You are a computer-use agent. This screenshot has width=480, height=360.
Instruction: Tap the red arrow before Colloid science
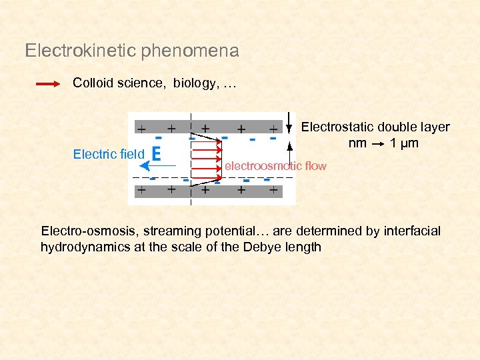tap(49, 84)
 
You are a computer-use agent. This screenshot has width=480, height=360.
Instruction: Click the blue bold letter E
tap(156, 154)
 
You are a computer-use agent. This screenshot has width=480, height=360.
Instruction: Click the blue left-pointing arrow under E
tap(158, 165)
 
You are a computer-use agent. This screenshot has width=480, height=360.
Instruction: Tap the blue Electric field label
tap(108, 155)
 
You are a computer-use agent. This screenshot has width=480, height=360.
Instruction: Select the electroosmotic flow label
tap(276, 165)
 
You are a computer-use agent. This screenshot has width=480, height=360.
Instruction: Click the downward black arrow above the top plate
tap(289, 123)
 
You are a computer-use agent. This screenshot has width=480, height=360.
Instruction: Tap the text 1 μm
tap(404, 143)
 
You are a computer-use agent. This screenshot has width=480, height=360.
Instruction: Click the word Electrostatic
tap(337, 127)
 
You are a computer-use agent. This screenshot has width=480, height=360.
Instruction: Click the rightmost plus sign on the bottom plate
tap(273, 191)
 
